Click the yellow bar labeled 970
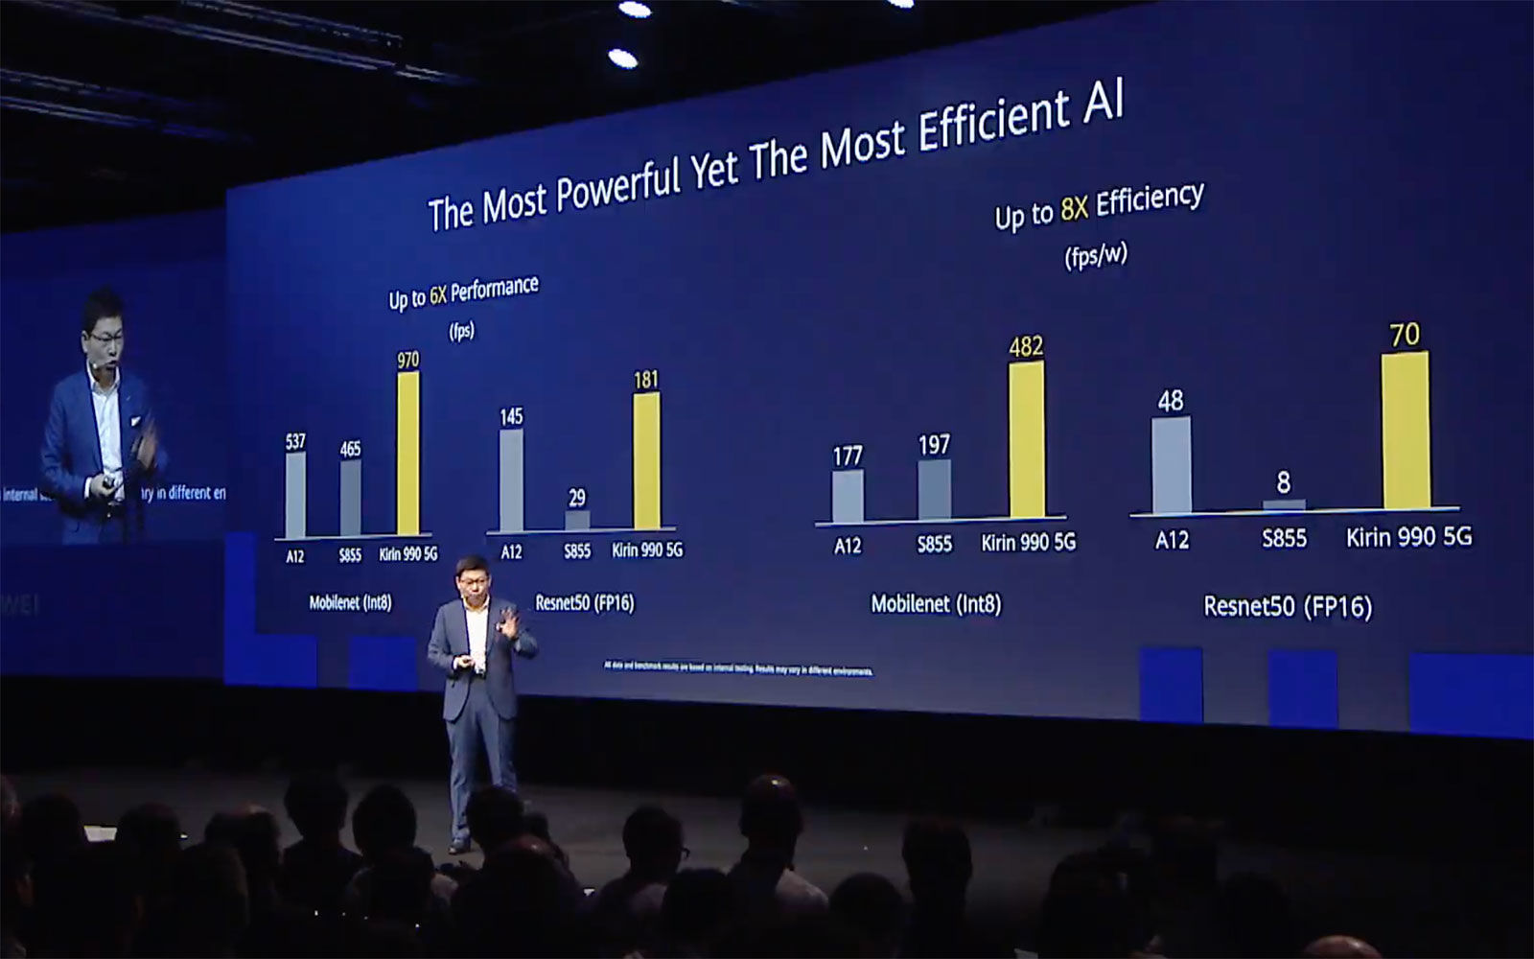click(408, 453)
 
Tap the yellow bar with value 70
click(1406, 430)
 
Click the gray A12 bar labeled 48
click(1171, 465)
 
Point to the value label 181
click(646, 380)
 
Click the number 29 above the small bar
click(576, 497)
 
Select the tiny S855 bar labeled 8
click(1284, 504)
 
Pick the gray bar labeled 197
click(934, 490)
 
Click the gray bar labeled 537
click(295, 495)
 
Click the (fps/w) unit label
click(1095, 256)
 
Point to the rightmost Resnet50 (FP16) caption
click(1288, 606)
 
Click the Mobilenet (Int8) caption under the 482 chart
click(936, 604)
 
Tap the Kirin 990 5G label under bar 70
click(1407, 537)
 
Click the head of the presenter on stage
click(471, 573)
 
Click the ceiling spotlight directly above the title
click(622, 58)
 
